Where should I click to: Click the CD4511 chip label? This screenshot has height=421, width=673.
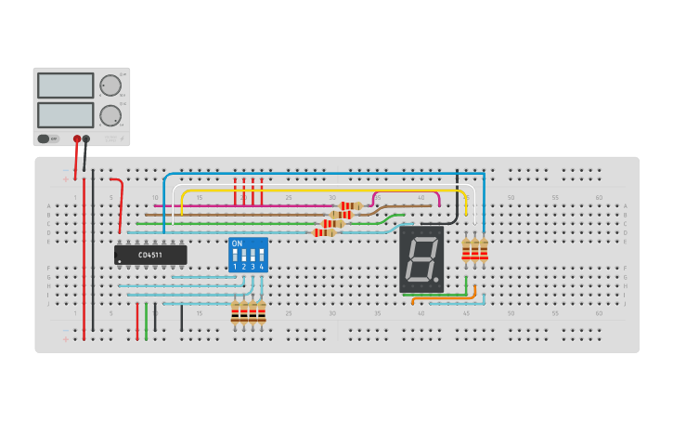(x=149, y=255)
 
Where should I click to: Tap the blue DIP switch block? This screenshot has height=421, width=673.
(x=248, y=255)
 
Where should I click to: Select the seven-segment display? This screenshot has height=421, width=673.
(x=421, y=259)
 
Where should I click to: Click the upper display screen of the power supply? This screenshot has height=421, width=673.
(x=65, y=86)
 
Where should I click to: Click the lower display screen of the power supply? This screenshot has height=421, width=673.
(x=65, y=114)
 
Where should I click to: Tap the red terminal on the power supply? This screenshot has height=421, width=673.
(x=77, y=139)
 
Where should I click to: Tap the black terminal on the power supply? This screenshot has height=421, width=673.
(x=86, y=139)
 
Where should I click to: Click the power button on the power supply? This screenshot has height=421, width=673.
(x=43, y=138)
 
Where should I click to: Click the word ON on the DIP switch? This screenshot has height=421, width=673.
(x=237, y=243)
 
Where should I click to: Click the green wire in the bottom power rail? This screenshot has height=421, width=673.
(x=146, y=321)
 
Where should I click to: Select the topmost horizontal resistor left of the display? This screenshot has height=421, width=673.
(x=350, y=205)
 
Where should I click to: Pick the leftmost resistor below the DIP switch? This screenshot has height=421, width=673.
(x=235, y=313)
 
